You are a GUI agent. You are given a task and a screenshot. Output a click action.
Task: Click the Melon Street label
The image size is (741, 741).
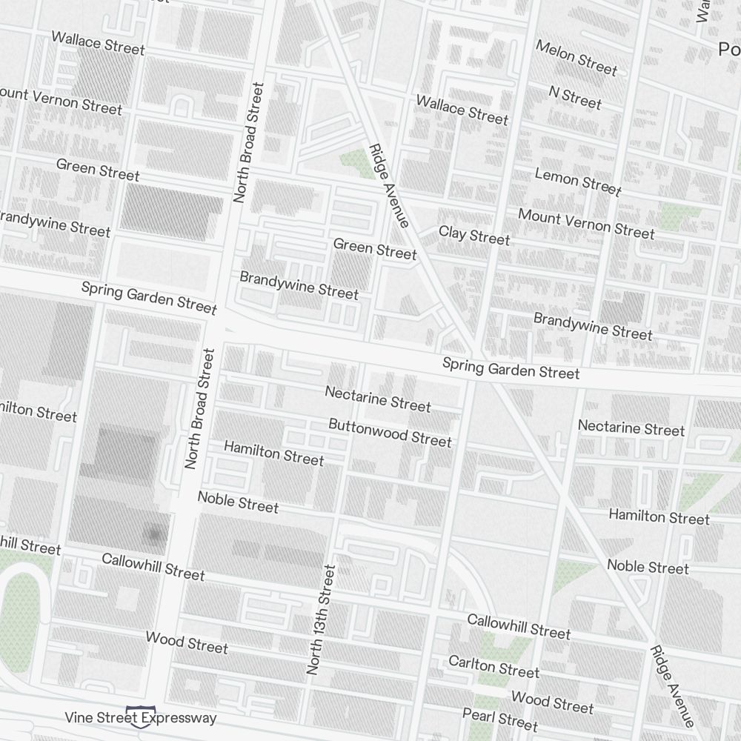pyautogui.click(x=576, y=59)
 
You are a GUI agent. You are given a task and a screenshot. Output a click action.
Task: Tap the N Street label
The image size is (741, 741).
pyautogui.click(x=575, y=97)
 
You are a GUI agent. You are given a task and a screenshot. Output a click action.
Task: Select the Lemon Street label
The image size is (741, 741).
pyautogui.click(x=578, y=182)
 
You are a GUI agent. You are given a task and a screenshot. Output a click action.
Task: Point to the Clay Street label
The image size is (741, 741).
pyautogui.click(x=474, y=236)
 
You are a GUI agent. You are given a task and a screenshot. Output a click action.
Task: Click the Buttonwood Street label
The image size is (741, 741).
pyautogui.click(x=390, y=432)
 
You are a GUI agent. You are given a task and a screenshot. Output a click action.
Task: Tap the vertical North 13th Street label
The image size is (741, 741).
pyautogui.click(x=322, y=619)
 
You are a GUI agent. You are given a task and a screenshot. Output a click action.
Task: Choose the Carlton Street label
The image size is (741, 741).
pyautogui.click(x=494, y=666)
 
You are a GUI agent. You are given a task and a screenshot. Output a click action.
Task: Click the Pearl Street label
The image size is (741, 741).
pyautogui.click(x=500, y=718)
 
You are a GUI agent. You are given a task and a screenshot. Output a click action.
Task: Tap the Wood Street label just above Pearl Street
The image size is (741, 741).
pyautogui.click(x=552, y=701)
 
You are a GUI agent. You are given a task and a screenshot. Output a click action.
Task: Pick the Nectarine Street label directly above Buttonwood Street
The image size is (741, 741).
pyautogui.click(x=378, y=399)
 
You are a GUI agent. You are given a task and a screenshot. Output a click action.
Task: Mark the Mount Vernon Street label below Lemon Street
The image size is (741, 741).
pyautogui.click(x=586, y=223)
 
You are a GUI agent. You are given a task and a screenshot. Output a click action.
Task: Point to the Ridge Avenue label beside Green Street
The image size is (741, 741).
pyautogui.click(x=389, y=185)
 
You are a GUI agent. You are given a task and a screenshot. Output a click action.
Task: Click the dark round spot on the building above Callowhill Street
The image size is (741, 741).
pyautogui.click(x=154, y=534)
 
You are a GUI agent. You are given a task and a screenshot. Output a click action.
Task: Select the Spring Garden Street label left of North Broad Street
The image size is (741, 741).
pyautogui.click(x=149, y=297)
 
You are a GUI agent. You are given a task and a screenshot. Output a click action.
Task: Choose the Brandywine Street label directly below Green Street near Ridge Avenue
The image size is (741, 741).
pyautogui.click(x=299, y=285)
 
